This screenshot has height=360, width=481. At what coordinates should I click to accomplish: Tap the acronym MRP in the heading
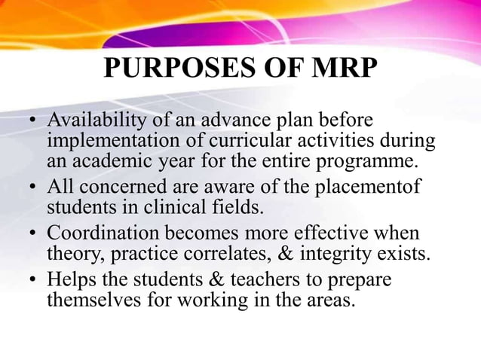[339, 69]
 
